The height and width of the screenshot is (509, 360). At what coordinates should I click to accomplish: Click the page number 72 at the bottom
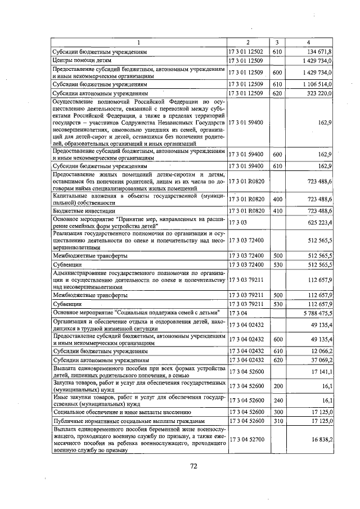tap(193, 466)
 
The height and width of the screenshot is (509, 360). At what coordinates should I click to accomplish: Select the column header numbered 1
tap(139, 43)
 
